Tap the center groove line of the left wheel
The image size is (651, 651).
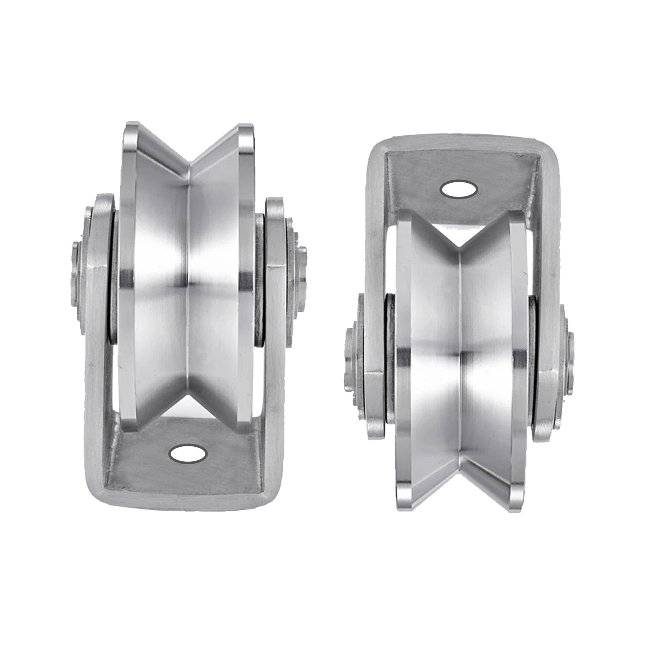point(188,283)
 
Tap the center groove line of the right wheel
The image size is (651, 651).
point(461,356)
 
